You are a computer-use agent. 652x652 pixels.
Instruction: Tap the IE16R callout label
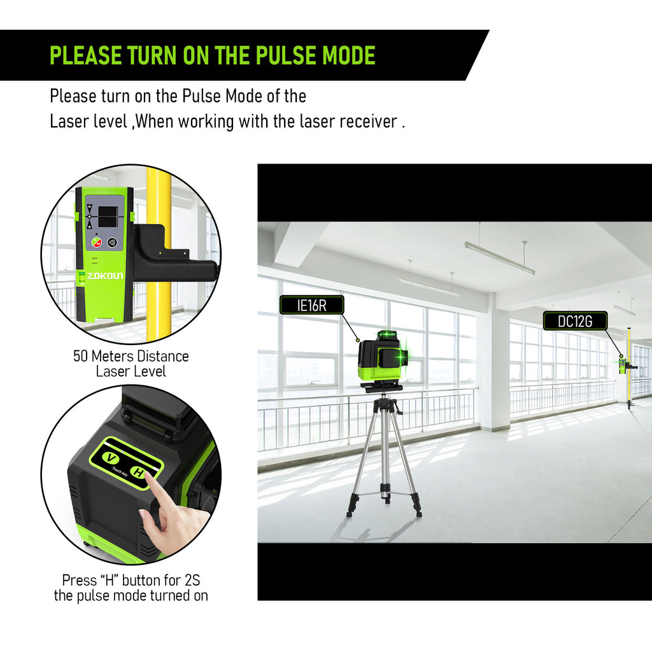coord(312,305)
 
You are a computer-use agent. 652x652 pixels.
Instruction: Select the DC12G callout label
coord(575,321)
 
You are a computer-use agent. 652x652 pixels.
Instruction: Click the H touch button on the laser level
coord(138,473)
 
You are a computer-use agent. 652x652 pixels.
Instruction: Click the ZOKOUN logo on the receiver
coord(105,275)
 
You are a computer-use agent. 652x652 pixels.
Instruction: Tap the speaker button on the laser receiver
coord(112,243)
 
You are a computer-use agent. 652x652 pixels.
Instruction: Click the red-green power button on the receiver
coord(97,242)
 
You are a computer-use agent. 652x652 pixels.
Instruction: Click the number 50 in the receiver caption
coord(81,357)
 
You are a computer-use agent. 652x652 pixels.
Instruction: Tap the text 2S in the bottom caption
coord(192,580)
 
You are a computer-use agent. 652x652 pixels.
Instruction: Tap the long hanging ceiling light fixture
coord(499,258)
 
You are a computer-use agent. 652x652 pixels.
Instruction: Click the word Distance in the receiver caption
coord(163,357)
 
